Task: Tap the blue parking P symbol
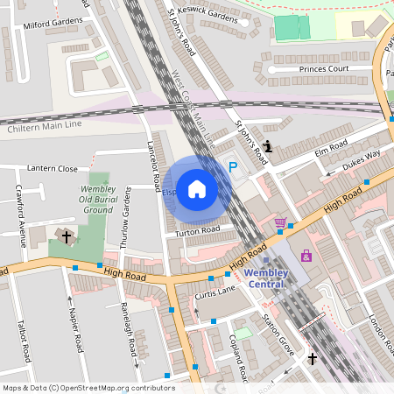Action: pyautogui.click(x=233, y=166)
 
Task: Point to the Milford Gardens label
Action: pyautogui.click(x=48, y=26)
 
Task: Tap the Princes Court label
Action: pyautogui.click(x=324, y=68)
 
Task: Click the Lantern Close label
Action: pyautogui.click(x=53, y=168)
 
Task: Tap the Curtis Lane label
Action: pyautogui.click(x=215, y=290)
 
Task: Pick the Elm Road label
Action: pyautogui.click(x=333, y=144)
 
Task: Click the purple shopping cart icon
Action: pyautogui.click(x=280, y=223)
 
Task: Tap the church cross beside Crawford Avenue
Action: pyautogui.click(x=66, y=236)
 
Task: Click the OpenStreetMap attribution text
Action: pyautogui.click(x=88, y=388)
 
